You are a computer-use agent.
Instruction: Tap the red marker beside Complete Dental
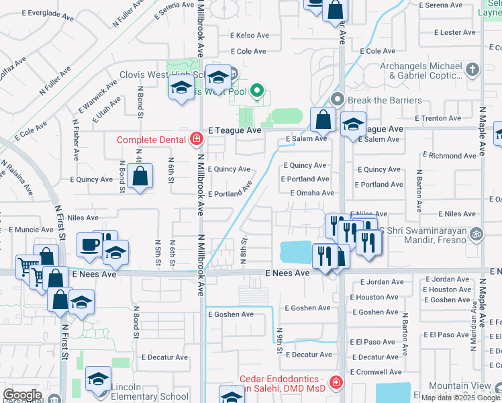coord(197,140)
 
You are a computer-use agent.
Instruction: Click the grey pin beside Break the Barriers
coord(338,99)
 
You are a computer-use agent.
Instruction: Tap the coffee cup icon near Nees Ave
coord(89,245)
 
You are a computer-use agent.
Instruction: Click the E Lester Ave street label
coord(454,32)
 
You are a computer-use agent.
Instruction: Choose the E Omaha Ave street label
coord(312,193)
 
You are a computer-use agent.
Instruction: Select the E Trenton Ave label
coord(438,118)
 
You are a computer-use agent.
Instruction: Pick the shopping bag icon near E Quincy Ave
coord(140,177)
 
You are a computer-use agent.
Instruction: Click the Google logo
coord(22,395)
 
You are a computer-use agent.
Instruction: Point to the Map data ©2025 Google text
coord(460,398)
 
